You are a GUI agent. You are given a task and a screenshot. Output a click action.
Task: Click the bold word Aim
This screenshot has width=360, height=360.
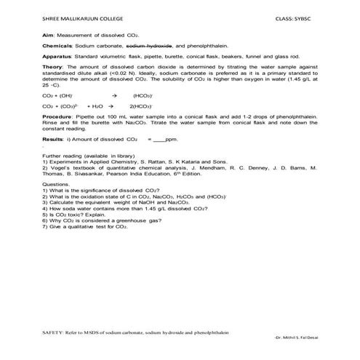[x=48, y=34]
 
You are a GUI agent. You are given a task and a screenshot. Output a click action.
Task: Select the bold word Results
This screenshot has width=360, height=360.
[x=53, y=137]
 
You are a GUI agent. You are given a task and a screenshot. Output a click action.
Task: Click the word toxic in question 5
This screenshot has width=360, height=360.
[x=69, y=215]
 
